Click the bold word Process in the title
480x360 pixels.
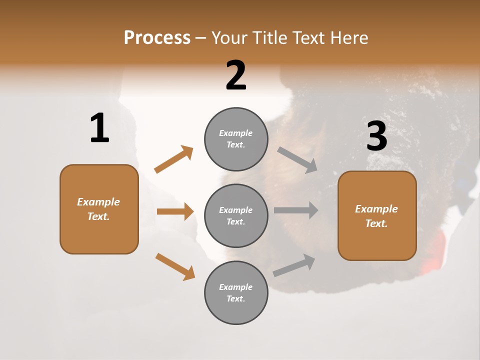point(157,38)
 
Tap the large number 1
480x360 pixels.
point(99,128)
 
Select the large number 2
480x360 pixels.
point(236,76)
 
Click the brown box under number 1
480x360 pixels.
point(99,209)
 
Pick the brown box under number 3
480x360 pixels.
point(377,216)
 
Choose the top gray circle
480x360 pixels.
point(236,139)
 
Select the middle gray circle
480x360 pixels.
point(236,215)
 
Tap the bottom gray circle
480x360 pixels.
point(236,292)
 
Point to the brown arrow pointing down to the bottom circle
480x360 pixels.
point(175,266)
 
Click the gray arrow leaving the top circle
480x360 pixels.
point(297,159)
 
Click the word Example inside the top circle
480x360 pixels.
point(236,133)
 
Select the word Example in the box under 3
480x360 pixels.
point(376,209)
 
